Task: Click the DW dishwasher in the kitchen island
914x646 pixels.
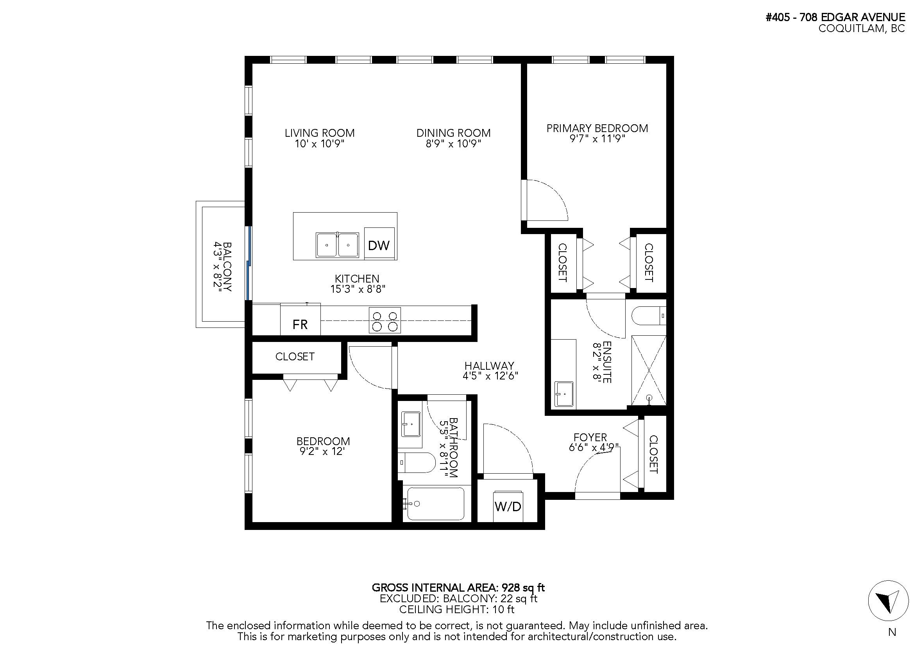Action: (x=379, y=243)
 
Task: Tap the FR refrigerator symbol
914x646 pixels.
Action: (x=300, y=320)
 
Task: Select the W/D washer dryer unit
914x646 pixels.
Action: (x=508, y=506)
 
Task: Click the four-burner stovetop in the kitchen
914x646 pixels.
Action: (x=385, y=320)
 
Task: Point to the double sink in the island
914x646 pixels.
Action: (x=338, y=245)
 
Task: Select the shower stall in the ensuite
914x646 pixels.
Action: (x=649, y=370)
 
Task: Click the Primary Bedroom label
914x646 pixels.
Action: (x=597, y=128)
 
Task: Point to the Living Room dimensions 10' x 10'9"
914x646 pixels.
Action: (x=319, y=143)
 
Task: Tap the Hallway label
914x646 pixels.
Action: (x=489, y=365)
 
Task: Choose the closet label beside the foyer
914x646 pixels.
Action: (x=654, y=454)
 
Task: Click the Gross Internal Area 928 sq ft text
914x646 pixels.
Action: (x=458, y=587)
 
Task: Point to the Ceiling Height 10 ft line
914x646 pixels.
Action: (x=456, y=609)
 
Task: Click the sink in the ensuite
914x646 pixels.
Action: (x=564, y=394)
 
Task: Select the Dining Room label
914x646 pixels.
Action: (x=453, y=132)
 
